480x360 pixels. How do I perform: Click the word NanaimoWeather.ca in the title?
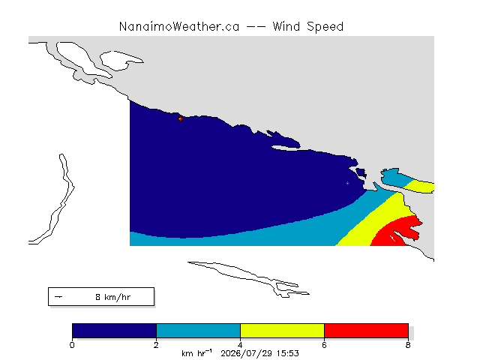tap(179, 27)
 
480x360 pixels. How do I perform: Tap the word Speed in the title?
tap(325, 28)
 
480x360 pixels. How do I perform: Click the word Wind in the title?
tap(286, 27)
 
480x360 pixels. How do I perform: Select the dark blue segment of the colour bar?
tap(114, 331)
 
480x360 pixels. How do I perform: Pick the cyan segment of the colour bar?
tap(198, 331)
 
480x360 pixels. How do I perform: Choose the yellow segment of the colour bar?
tap(282, 331)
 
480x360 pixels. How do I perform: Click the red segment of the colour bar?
tap(366, 331)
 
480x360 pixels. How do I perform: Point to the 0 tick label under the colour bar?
tap(72, 345)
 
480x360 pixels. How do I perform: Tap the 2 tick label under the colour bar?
tap(156, 345)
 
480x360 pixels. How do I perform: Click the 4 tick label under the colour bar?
tap(240, 345)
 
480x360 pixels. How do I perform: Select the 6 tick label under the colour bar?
tap(324, 345)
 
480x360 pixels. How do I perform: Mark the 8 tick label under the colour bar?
tap(408, 345)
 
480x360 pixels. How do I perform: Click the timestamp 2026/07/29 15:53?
tap(259, 353)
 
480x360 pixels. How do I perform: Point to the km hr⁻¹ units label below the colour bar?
tap(196, 353)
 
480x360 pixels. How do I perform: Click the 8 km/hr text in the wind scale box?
tap(113, 297)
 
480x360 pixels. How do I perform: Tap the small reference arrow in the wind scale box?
tap(58, 297)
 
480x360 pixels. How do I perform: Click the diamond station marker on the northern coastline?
tap(180, 118)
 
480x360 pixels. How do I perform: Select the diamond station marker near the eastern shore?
tap(347, 183)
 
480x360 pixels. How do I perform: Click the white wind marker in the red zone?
tap(394, 240)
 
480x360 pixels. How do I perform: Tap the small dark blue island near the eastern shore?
tap(361, 173)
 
